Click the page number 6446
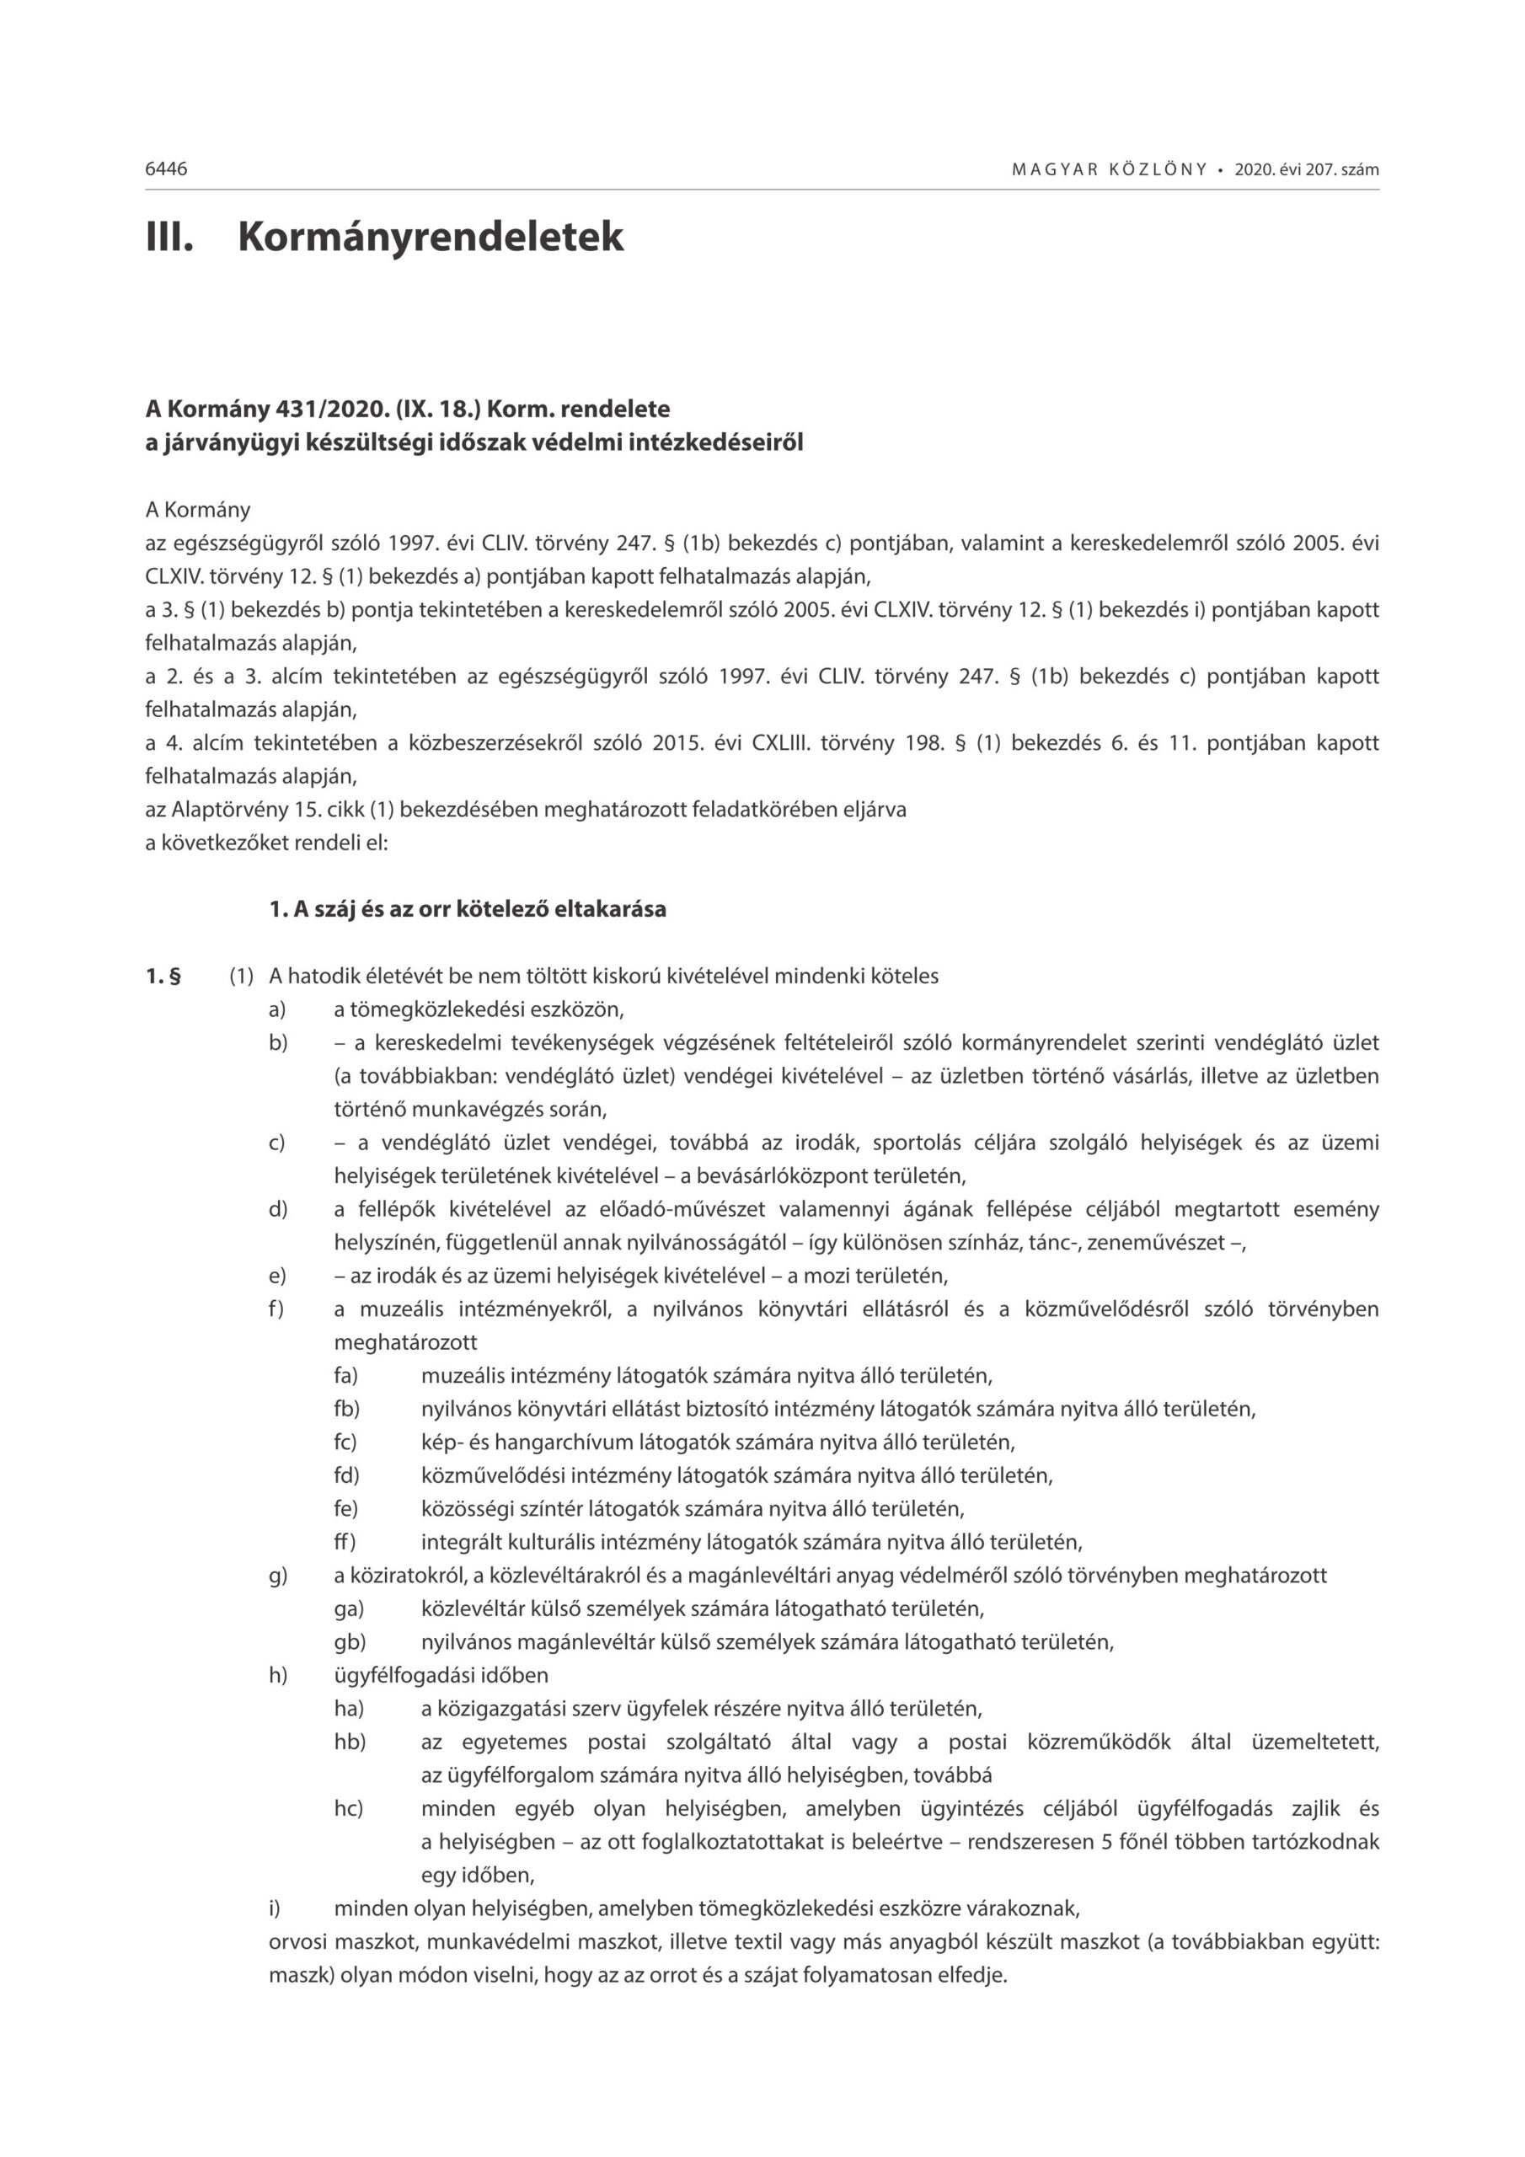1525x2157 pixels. pyautogui.click(x=166, y=169)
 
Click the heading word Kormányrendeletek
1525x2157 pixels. pyautogui.click(x=431, y=236)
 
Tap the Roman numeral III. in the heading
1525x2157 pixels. pyautogui.click(x=169, y=236)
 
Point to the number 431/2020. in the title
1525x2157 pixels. pyautogui.click(x=318, y=409)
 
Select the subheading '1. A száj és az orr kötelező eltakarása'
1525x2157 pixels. pyautogui.click(x=467, y=909)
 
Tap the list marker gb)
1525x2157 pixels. pyautogui.click(x=350, y=1642)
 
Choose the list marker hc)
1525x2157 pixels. pyautogui.click(x=349, y=1808)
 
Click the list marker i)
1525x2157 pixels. pyautogui.click(x=275, y=1908)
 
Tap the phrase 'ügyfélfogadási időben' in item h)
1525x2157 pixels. pyautogui.click(x=441, y=1675)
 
